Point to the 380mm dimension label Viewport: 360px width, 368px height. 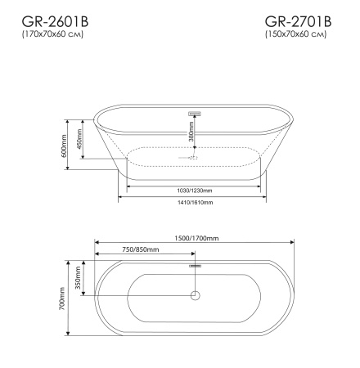[191, 131]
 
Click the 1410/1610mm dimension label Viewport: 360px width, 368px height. [195, 202]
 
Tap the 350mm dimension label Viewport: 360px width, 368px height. [79, 279]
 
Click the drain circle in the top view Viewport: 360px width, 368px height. [195, 296]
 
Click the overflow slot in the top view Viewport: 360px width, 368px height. [195, 264]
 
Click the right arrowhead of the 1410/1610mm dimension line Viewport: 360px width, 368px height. [267, 196]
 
